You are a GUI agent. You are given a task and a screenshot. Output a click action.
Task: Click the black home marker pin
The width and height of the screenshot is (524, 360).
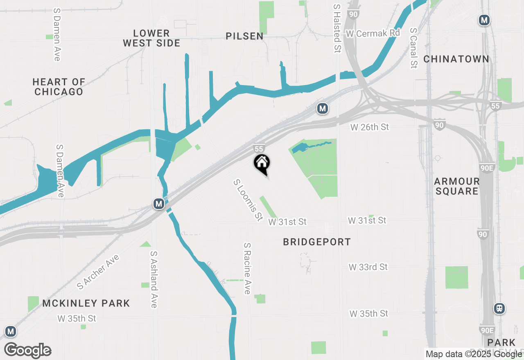[x=262, y=164]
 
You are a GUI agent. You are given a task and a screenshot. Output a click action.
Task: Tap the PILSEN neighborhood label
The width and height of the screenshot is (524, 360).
[x=244, y=36]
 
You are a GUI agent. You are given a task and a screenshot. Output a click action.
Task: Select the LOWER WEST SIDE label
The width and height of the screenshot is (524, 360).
[x=151, y=38]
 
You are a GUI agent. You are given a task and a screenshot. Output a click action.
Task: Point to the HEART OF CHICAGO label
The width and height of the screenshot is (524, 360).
[x=59, y=87]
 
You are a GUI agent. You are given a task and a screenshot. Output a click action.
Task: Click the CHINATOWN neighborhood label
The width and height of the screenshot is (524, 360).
[x=456, y=59]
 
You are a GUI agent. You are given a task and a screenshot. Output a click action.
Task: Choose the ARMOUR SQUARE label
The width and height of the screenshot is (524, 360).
[x=456, y=186]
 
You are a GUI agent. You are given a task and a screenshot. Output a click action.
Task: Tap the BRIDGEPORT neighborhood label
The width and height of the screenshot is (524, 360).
[x=317, y=242]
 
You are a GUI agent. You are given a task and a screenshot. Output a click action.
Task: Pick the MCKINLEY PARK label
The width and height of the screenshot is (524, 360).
[x=86, y=303]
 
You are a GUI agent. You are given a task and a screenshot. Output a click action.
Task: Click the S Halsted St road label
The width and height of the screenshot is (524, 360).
[x=337, y=29]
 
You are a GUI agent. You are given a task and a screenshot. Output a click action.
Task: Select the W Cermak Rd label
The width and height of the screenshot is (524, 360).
[x=373, y=34]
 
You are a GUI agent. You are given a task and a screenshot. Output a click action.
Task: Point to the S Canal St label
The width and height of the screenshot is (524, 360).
[x=413, y=48]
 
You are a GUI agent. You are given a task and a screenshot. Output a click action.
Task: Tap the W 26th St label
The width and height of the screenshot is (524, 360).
[x=369, y=127]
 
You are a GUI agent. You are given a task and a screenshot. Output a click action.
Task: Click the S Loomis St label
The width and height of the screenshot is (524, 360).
[x=248, y=200]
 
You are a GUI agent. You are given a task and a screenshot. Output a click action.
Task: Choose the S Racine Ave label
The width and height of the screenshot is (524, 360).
[x=247, y=268]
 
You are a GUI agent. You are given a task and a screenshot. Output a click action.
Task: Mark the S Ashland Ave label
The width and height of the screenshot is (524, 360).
[x=154, y=279]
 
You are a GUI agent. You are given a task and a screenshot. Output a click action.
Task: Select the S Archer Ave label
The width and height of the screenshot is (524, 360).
[x=98, y=272]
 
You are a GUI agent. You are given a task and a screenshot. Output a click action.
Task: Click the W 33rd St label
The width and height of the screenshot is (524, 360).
[x=368, y=267]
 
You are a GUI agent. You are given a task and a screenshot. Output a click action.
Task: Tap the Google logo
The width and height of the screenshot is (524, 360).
[x=27, y=350]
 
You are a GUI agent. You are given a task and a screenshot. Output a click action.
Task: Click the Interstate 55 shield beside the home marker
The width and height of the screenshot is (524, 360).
[x=258, y=149]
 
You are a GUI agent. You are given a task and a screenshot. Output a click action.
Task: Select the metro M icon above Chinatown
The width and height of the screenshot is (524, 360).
[x=484, y=20]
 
